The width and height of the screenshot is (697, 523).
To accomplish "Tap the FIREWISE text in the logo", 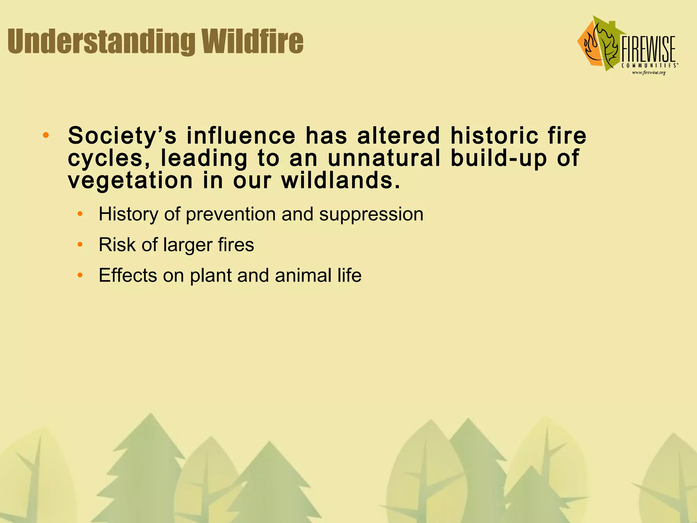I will [x=648, y=50].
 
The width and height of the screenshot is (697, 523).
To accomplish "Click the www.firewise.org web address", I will [x=649, y=73].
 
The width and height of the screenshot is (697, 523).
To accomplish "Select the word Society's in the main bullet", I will [x=122, y=136].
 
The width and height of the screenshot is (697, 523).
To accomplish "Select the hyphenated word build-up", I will [x=499, y=158].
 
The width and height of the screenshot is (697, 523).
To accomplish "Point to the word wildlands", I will [x=340, y=180].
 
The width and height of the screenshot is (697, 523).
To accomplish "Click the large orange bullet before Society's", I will [x=46, y=136].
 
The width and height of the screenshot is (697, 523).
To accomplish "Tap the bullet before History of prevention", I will [x=80, y=214].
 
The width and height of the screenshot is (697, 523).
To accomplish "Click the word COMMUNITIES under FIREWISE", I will [x=648, y=65].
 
